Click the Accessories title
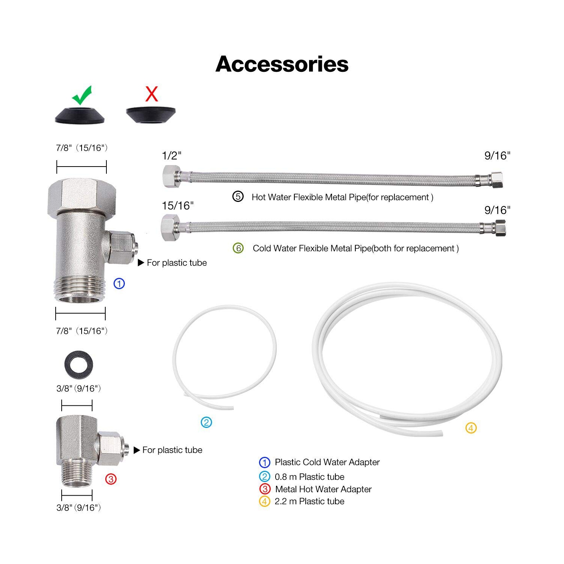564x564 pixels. [x=282, y=64]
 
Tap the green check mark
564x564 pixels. [x=82, y=95]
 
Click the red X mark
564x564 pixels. [x=152, y=94]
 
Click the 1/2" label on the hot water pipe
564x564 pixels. [x=171, y=156]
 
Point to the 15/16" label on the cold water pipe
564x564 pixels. [x=177, y=206]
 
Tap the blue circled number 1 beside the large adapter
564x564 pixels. [x=119, y=284]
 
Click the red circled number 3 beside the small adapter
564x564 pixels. [x=111, y=479]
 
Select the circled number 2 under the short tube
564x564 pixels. [x=206, y=422]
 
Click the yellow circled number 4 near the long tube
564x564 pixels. [x=471, y=428]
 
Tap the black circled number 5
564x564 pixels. [x=238, y=197]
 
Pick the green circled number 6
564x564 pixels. [x=238, y=248]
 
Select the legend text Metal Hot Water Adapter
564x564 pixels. [x=323, y=489]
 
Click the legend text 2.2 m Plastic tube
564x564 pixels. [x=309, y=501]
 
